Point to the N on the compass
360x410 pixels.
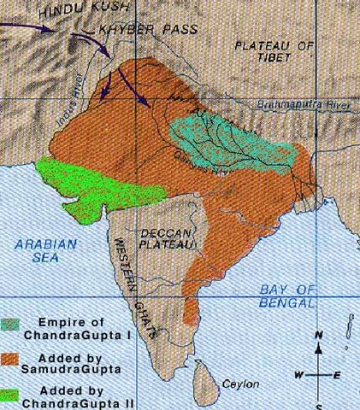coord(317,336)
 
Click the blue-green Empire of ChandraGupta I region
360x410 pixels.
coord(231,137)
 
